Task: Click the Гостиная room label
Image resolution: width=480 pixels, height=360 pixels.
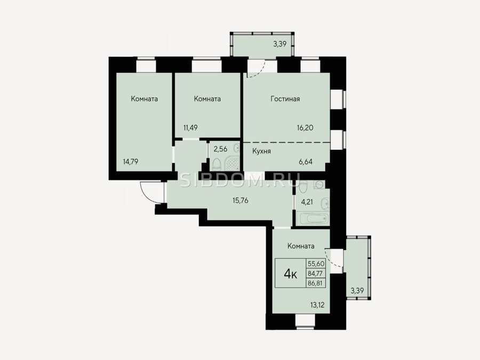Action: pos(285,99)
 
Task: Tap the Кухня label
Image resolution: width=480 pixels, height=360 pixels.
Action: pos(261,151)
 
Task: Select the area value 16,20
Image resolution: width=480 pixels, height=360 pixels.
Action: pos(305,127)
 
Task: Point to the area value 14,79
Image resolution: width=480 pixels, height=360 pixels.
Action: pos(131,162)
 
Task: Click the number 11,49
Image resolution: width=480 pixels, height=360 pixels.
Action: pos(190,127)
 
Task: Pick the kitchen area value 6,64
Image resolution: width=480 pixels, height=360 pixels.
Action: pos(306,162)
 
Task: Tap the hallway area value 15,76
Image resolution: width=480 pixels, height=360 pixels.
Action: pos(241,201)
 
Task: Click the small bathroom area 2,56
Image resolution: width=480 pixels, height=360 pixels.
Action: pos(220,149)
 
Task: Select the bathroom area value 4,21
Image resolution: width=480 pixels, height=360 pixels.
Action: pos(307,202)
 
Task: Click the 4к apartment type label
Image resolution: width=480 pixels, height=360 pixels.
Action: pos(290,274)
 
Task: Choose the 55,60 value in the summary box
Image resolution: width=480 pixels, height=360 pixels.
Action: pos(316,263)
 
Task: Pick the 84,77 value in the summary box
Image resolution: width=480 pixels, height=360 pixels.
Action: pos(316,274)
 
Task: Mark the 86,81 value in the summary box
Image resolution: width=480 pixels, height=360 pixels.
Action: pos(316,283)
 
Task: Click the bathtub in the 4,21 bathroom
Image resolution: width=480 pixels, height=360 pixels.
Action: pos(314,219)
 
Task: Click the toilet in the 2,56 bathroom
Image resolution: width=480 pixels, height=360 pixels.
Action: pos(217,164)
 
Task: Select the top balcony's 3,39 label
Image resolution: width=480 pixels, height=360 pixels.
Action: pos(280,44)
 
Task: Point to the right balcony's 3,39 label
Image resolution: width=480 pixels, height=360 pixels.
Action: pos(357,291)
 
